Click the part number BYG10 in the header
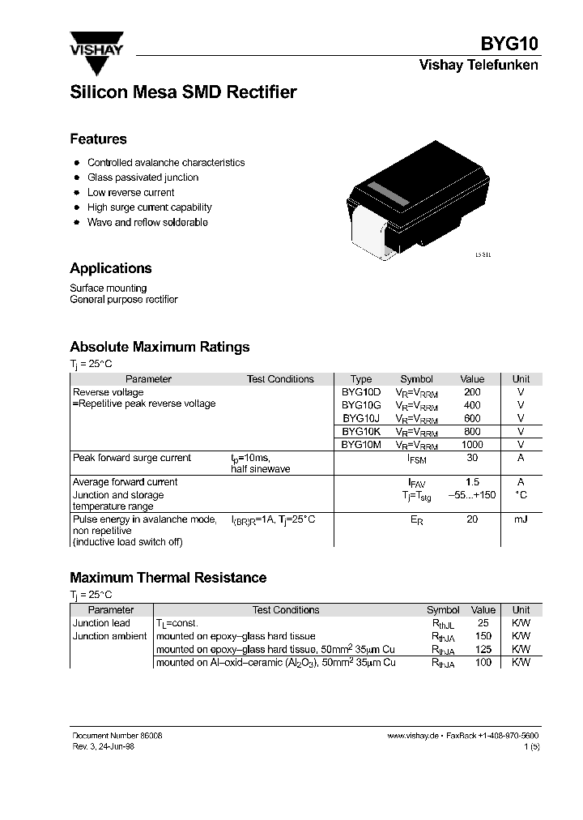pyautogui.click(x=510, y=44)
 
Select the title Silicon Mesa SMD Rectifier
pyautogui.click(x=183, y=92)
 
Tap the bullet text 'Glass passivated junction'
pyautogui.click(x=143, y=177)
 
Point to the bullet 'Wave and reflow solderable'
pyautogui.click(x=147, y=222)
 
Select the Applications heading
pyautogui.click(x=110, y=268)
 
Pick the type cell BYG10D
pyautogui.click(x=360, y=392)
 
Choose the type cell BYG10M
pyautogui.click(x=360, y=445)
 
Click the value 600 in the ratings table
pyautogui.click(x=472, y=419)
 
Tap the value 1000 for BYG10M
pyautogui.click(x=471, y=445)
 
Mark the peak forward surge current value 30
pyautogui.click(x=472, y=458)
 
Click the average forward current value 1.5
pyautogui.click(x=472, y=482)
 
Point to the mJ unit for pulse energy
pyautogui.click(x=521, y=519)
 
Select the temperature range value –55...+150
pyautogui.click(x=472, y=495)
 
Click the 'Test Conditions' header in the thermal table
pyautogui.click(x=286, y=610)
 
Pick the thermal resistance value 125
pyautogui.click(x=483, y=649)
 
